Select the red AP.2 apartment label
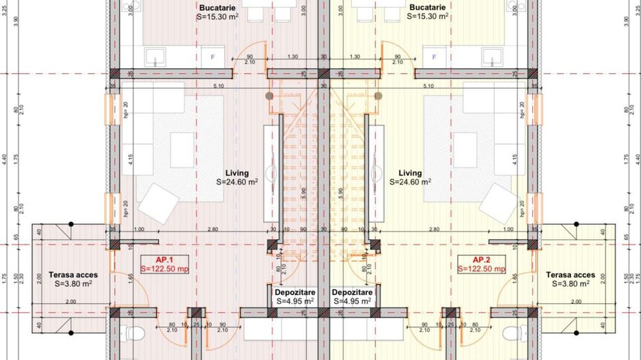tap(482, 260)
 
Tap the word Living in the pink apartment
tap(237, 173)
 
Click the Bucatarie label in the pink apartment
tap(218, 7)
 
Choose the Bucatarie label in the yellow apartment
tap(427, 7)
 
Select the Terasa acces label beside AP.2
tap(571, 275)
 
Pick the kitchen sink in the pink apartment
tap(153, 57)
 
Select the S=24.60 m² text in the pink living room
tap(237, 182)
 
